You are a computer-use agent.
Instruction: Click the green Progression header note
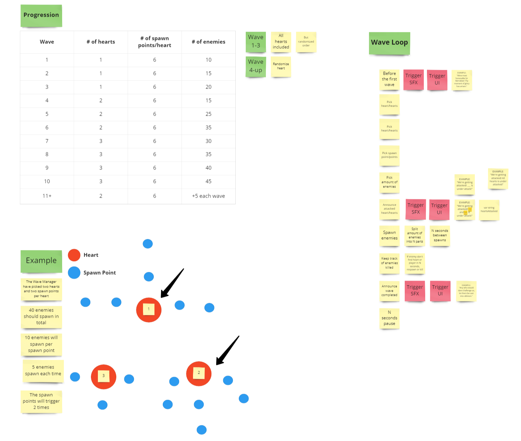(x=41, y=16)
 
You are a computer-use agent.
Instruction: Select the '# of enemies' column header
(x=208, y=42)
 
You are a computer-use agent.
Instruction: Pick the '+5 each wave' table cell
(x=208, y=196)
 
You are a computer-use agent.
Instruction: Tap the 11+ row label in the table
(x=47, y=196)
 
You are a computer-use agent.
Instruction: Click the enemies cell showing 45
(x=208, y=182)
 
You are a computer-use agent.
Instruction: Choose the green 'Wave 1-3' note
(x=256, y=42)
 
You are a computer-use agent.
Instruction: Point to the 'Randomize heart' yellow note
(x=281, y=66)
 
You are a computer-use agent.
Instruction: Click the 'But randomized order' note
(x=306, y=42)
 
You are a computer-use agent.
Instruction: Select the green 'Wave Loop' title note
(x=389, y=43)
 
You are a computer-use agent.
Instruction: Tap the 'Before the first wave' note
(x=389, y=80)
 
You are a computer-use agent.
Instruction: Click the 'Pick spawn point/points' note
(x=389, y=155)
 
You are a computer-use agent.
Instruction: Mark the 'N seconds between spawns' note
(x=440, y=235)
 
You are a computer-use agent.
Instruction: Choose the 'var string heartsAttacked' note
(x=489, y=210)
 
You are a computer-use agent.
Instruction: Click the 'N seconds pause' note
(x=389, y=318)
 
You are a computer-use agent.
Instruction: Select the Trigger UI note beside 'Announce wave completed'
(x=440, y=291)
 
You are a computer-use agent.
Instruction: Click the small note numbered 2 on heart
(x=199, y=373)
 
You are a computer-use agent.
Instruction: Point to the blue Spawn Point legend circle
(x=74, y=273)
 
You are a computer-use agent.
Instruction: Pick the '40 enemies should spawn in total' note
(x=41, y=317)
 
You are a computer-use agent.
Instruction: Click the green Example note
(x=41, y=261)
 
